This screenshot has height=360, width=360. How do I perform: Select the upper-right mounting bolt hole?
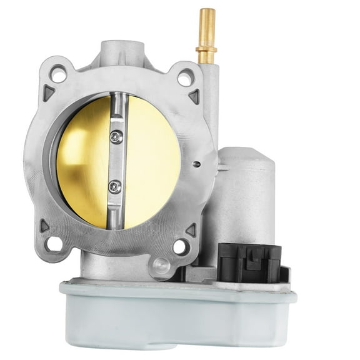pyautogui.click(x=185, y=77)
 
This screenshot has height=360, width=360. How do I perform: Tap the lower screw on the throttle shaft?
pyautogui.click(x=113, y=186)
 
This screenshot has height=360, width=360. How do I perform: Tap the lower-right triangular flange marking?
pyautogui.click(x=190, y=230)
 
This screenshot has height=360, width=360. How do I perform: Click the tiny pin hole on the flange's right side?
pyautogui.click(x=197, y=164)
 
